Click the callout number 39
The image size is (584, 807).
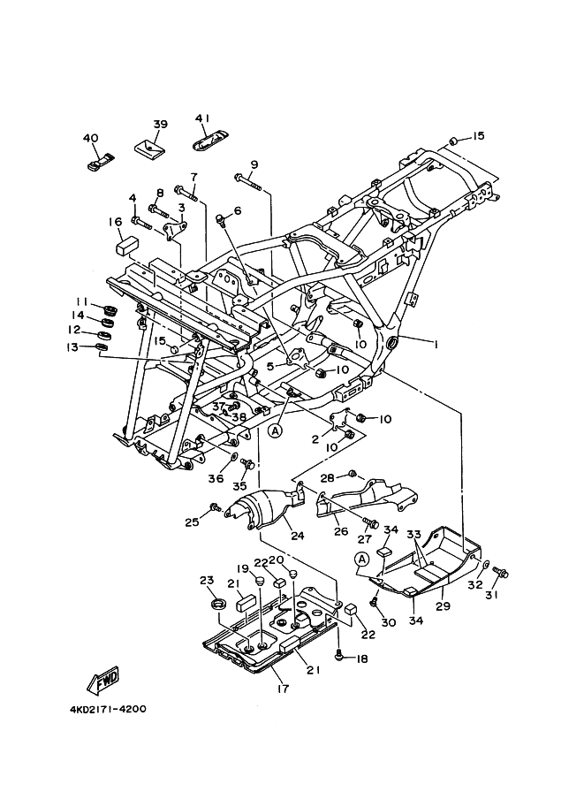160,124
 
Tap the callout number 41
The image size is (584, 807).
202,118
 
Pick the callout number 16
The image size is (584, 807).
115,222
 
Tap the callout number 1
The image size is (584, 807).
434,343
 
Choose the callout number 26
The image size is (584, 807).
341,532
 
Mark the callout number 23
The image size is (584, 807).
207,580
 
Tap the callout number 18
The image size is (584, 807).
362,659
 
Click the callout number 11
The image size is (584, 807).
80,301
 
